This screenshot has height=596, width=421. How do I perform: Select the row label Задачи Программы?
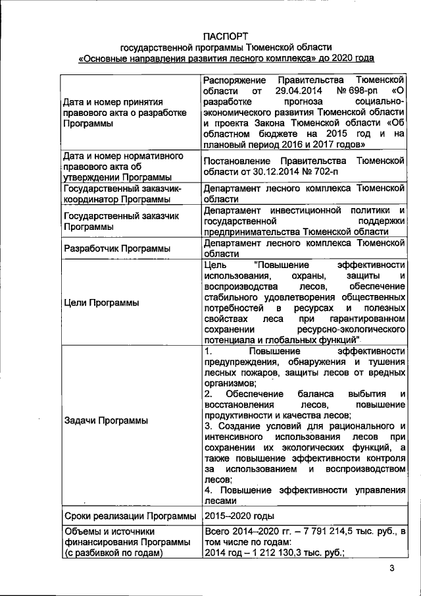[105, 420]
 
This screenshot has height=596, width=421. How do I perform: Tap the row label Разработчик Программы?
[116, 248]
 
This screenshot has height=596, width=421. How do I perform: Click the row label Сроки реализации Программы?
[129, 514]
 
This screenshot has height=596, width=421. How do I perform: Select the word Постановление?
[240, 161]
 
